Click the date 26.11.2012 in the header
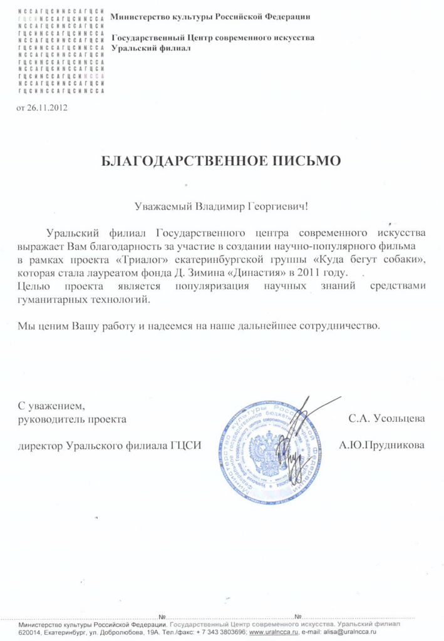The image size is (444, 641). coord(47,108)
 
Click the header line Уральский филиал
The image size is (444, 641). coord(150,49)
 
